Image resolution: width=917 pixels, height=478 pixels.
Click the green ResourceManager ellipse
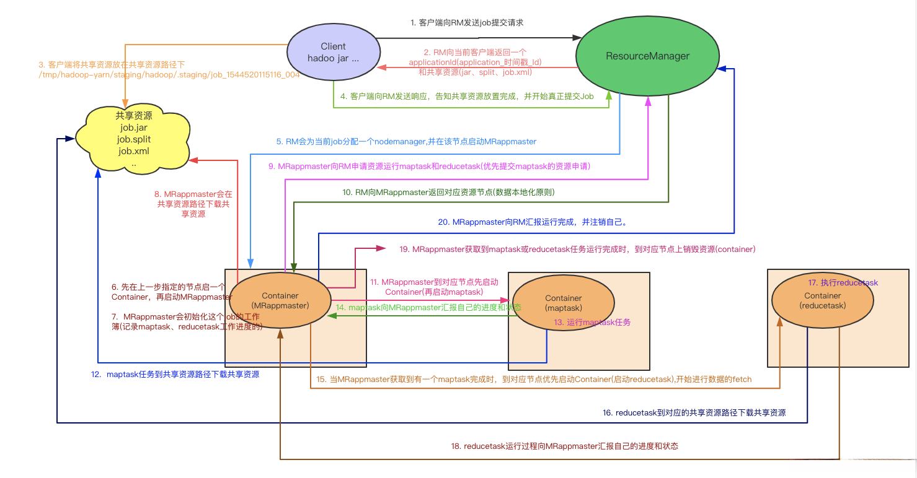click(647, 56)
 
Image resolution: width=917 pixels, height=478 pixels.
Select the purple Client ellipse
click(333, 53)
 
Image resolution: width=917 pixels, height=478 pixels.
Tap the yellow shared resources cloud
click(134, 139)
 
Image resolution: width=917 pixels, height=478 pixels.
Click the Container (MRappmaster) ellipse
click(280, 301)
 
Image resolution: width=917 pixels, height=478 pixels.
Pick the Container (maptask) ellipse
click(564, 303)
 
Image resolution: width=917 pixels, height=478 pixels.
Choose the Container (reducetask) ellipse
click(822, 300)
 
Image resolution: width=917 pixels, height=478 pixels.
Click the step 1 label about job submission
click(467, 22)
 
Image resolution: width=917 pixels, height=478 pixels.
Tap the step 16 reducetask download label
click(694, 412)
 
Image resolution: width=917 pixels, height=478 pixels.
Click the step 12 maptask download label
click(175, 374)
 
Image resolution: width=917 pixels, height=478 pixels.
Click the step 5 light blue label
click(406, 142)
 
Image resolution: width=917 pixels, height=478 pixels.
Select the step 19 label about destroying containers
click(577, 250)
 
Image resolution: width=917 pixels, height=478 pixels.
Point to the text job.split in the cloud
click(134, 139)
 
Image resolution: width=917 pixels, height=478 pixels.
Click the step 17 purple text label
click(843, 282)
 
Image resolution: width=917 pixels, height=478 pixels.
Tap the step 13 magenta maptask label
click(592, 322)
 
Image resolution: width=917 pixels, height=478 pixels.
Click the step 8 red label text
click(193, 204)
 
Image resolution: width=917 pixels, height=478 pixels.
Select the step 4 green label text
click(467, 97)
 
